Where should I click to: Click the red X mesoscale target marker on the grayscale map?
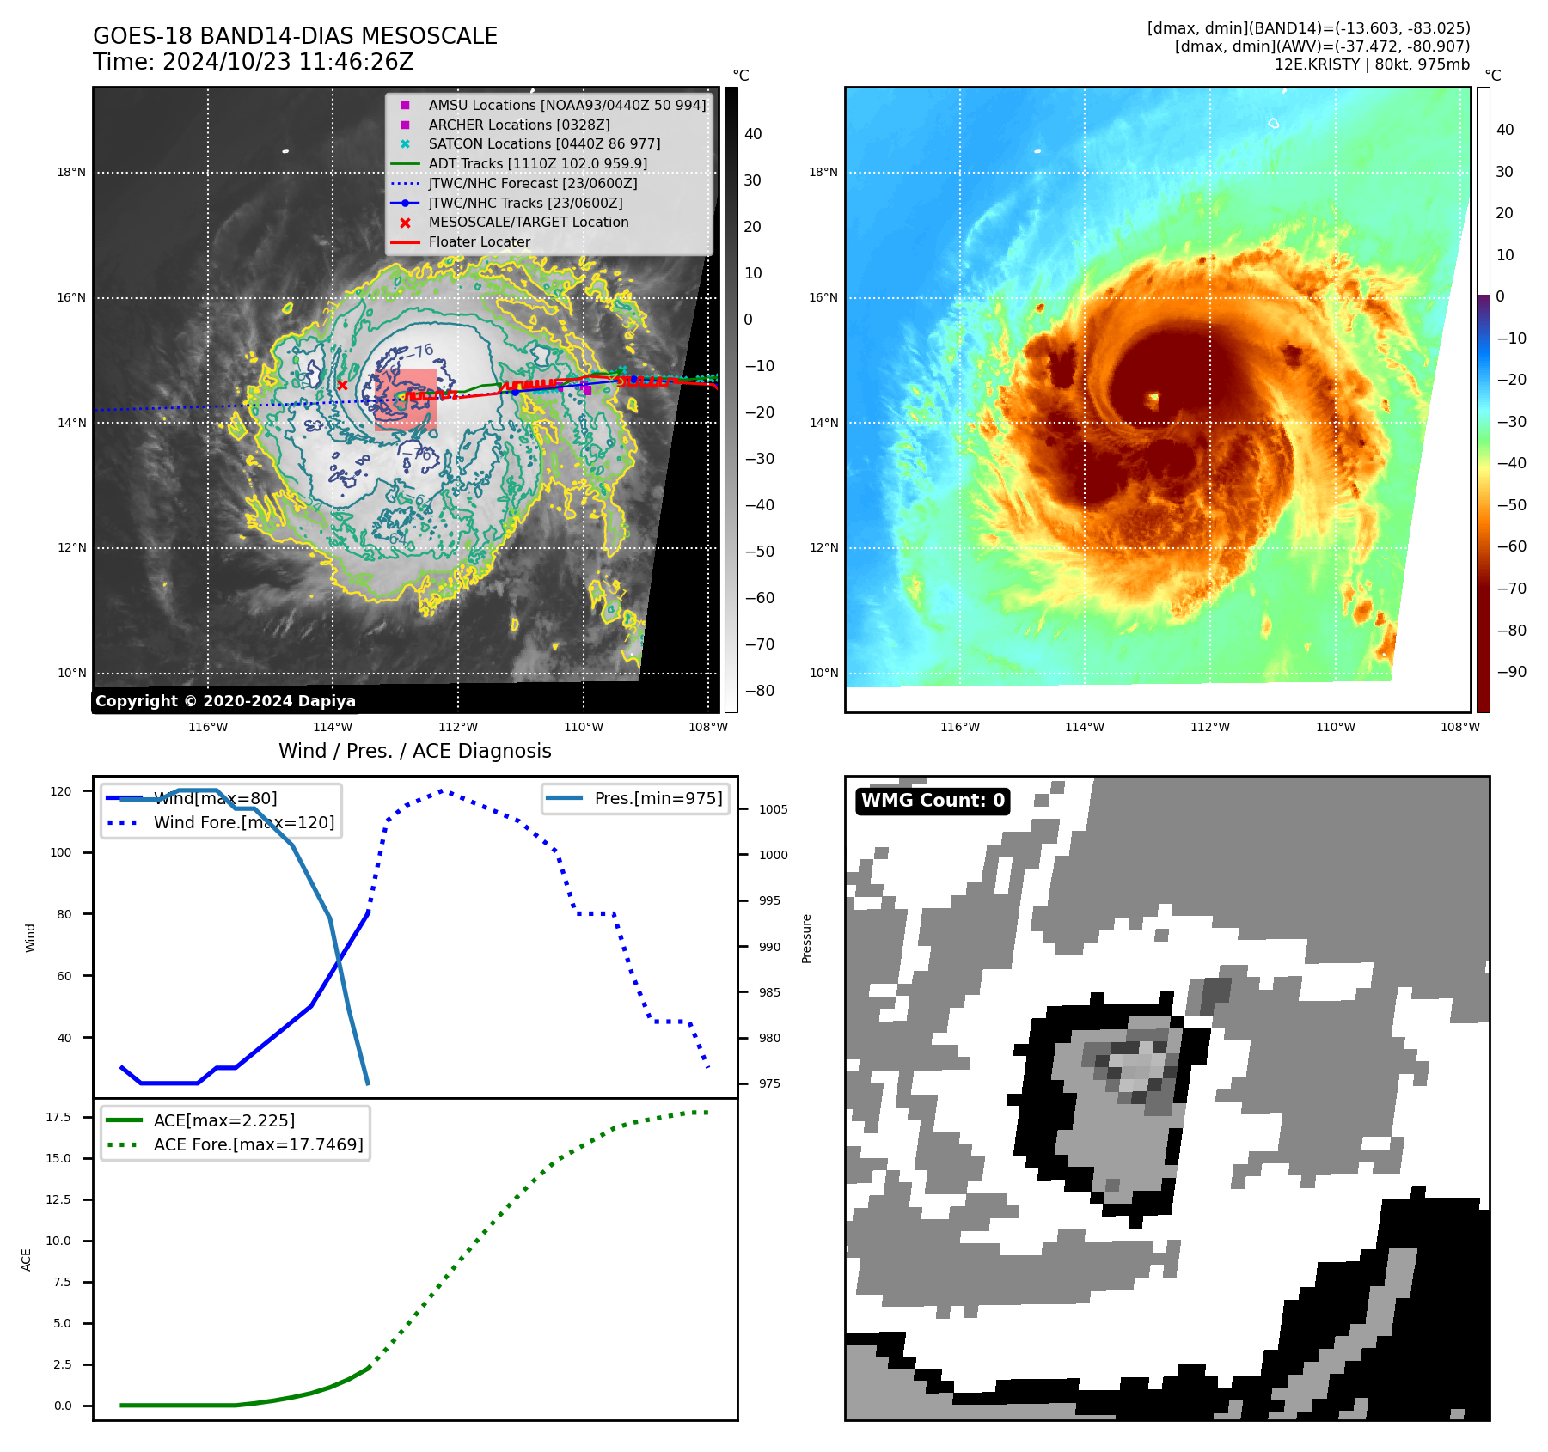point(342,386)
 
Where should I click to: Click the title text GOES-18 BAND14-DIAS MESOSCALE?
point(295,36)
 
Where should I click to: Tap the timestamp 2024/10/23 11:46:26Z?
point(288,62)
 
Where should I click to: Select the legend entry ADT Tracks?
point(537,163)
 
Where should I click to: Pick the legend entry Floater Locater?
point(479,241)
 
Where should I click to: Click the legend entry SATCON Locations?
point(544,143)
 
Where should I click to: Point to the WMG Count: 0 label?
point(933,801)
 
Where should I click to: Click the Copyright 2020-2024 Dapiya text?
point(225,701)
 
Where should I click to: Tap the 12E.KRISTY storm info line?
point(1372,64)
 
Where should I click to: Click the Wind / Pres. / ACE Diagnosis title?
point(414,751)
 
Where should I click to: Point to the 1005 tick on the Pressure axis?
point(773,809)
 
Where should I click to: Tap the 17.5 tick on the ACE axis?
point(58,1117)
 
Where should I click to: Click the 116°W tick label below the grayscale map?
point(208,727)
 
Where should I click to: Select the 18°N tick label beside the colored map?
point(823,172)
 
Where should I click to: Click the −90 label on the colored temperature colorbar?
point(1511,672)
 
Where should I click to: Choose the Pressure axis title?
point(806,938)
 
